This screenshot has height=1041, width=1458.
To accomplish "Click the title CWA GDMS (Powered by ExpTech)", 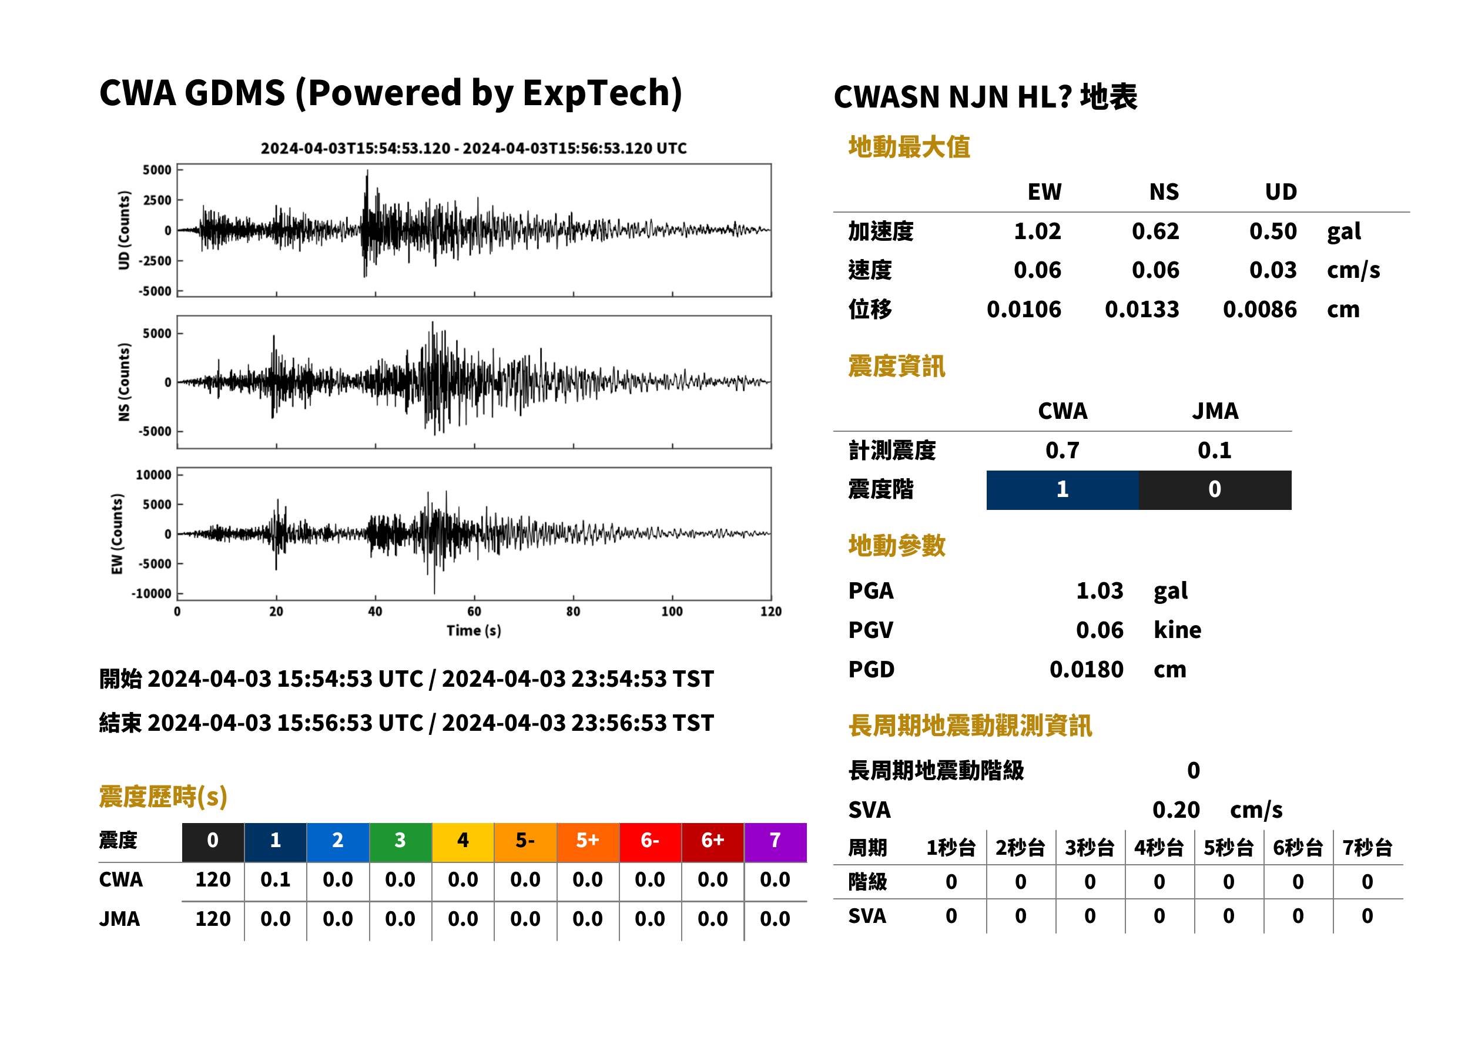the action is click(390, 93).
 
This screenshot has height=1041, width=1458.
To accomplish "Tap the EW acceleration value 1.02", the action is click(1037, 231).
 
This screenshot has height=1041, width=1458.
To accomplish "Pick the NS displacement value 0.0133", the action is click(1141, 310).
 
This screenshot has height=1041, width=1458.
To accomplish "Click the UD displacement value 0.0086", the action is click(1259, 310).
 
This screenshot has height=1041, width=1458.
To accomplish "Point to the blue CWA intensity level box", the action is click(1063, 490).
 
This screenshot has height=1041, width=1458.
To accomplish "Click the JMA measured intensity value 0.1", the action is click(1214, 451).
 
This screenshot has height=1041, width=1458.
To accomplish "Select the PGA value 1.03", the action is click(1100, 591).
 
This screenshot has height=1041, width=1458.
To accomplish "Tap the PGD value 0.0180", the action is click(1086, 670).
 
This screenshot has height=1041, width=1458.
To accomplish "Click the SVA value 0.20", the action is click(1176, 810).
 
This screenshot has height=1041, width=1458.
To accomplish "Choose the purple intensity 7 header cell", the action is click(775, 842).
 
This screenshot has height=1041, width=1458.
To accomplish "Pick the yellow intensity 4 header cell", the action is click(463, 842).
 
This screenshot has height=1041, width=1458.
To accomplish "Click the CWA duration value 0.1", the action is click(275, 880).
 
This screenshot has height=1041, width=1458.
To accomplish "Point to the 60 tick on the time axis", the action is click(474, 612).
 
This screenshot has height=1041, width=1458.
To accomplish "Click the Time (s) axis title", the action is click(474, 631).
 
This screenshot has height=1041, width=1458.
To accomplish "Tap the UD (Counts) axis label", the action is click(124, 230).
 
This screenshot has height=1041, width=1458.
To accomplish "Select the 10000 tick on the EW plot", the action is click(153, 475).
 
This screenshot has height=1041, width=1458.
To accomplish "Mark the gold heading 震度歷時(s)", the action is click(163, 797).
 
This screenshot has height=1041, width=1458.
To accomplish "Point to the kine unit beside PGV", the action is click(1177, 630).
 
